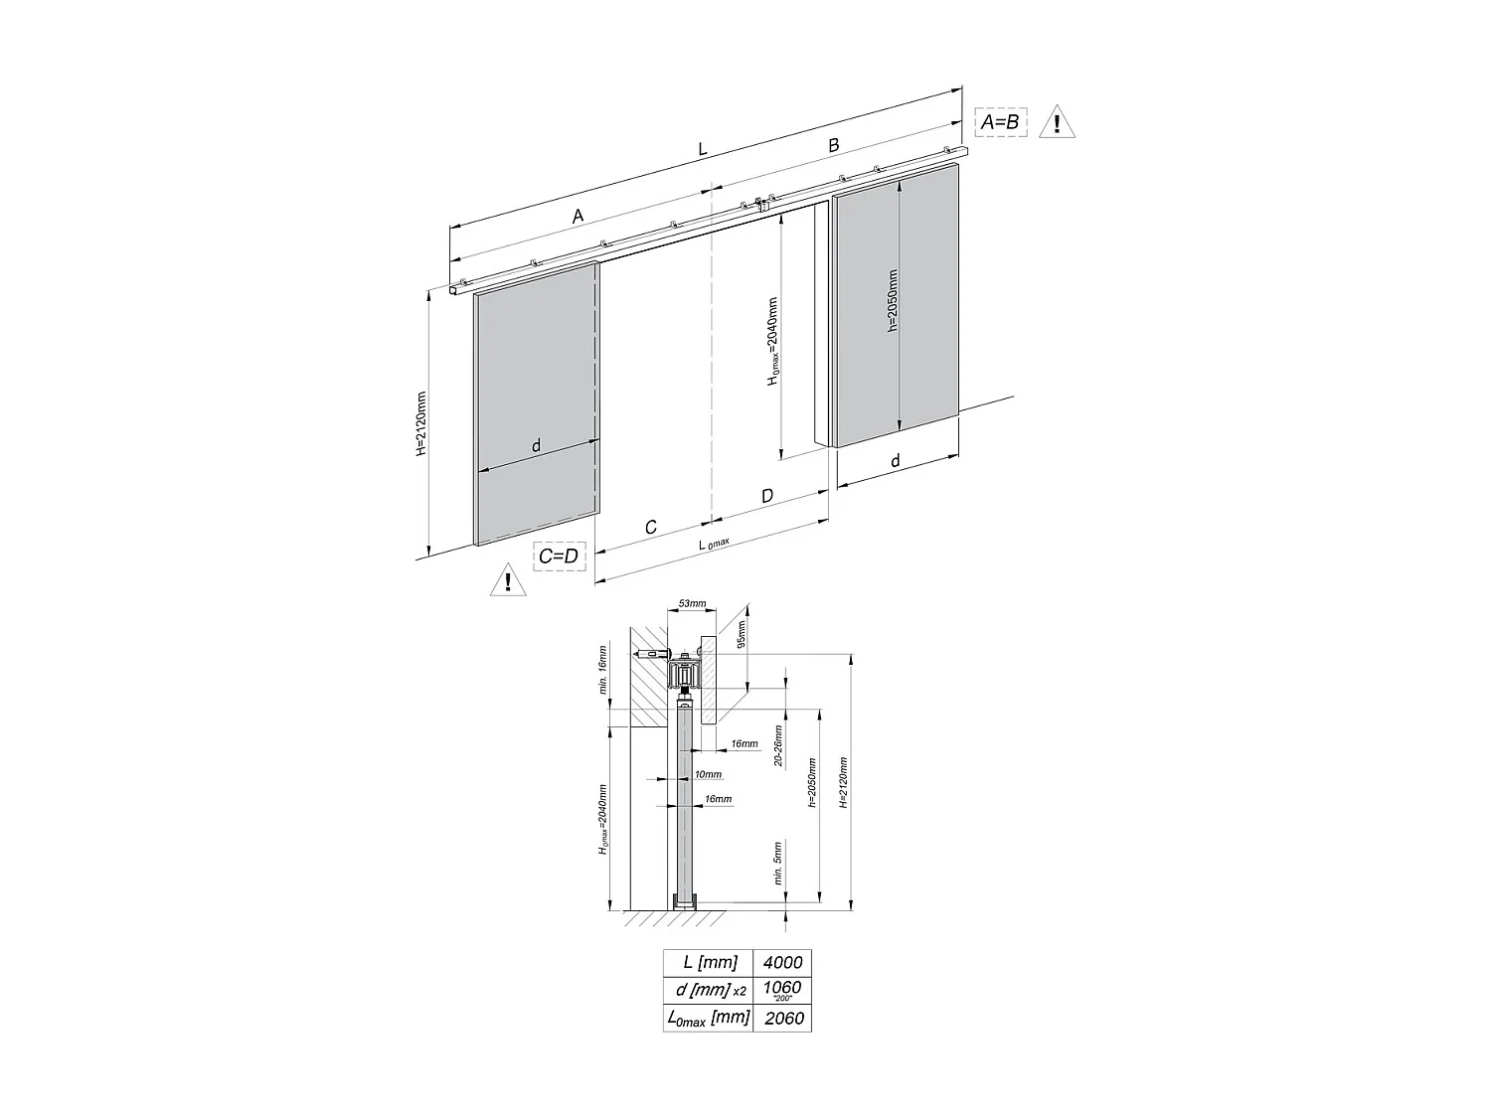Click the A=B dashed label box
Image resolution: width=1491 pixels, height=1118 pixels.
click(1000, 121)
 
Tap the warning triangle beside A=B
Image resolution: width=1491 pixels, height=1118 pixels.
click(1057, 123)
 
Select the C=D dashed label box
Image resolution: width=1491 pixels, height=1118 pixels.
click(558, 556)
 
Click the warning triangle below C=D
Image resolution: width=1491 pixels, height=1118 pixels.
click(508, 580)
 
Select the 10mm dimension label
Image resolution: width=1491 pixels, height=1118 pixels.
click(708, 774)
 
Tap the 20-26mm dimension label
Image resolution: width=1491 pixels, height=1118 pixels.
click(778, 745)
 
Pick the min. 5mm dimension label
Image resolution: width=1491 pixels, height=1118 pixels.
click(778, 863)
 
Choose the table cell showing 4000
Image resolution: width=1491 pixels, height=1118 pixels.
click(782, 962)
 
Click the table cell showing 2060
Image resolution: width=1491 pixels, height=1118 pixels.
click(782, 1018)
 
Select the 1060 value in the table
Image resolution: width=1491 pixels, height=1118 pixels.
click(782, 988)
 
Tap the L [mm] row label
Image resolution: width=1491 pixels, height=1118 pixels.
click(709, 962)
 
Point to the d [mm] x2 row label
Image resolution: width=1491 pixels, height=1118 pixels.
click(709, 990)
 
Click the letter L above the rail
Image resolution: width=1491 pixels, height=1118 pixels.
click(702, 149)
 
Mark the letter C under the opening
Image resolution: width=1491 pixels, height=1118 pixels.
click(650, 527)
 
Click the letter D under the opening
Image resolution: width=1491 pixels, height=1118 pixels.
click(766, 495)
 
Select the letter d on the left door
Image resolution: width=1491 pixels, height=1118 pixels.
click(536, 446)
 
